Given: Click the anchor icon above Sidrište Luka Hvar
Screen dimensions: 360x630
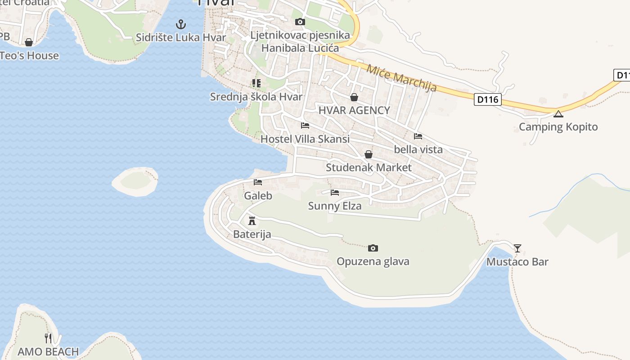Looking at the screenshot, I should [x=181, y=24].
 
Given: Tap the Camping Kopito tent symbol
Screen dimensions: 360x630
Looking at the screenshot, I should [x=558, y=114].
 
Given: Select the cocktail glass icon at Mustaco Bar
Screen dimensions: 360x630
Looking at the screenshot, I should [x=517, y=248].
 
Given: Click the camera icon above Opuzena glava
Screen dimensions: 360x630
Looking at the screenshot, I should [x=373, y=248].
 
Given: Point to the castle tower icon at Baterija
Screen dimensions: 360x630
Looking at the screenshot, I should [x=252, y=220].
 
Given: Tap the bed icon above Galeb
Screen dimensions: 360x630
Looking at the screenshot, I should [x=258, y=182].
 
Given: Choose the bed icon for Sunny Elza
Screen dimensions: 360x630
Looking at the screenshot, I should [x=335, y=193].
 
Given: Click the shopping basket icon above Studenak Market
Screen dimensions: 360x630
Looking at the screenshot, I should [x=369, y=154].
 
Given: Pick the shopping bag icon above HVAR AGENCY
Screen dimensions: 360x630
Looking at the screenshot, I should [x=354, y=97].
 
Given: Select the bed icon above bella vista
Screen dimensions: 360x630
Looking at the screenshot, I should [x=418, y=136].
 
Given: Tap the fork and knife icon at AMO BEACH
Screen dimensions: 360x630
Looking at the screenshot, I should [x=48, y=338].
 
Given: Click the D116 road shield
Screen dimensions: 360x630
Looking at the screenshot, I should [x=488, y=99].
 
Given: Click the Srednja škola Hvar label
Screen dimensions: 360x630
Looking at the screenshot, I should [x=256, y=97].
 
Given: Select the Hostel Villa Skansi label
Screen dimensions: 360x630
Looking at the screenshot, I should [x=305, y=139].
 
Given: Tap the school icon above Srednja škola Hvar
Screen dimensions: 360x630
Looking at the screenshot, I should [x=256, y=83].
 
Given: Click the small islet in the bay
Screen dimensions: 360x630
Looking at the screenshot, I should [x=135, y=181].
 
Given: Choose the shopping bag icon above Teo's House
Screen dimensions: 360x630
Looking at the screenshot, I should [x=29, y=42].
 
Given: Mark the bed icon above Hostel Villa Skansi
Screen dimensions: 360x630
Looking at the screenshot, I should [x=305, y=126].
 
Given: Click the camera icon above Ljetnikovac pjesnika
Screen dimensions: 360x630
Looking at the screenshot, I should [x=300, y=22].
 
